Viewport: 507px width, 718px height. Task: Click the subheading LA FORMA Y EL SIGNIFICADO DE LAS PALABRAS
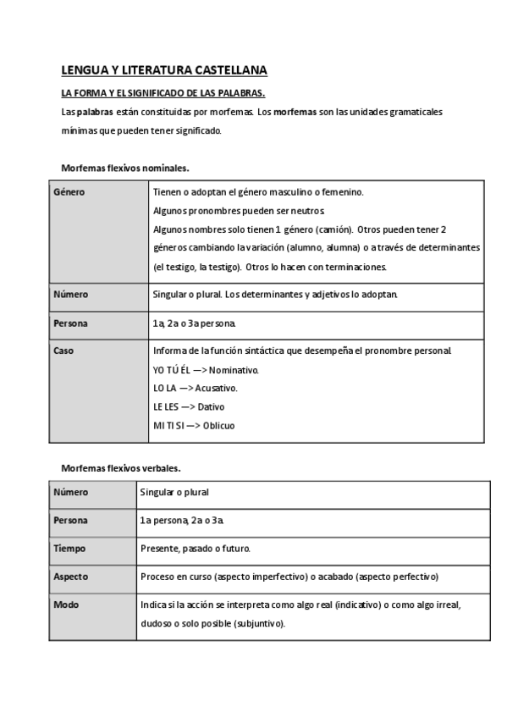click(163, 93)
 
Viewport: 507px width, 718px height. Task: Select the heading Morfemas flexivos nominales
click(124, 168)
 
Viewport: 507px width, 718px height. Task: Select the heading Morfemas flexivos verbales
click(121, 467)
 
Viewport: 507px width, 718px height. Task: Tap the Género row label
click(69, 192)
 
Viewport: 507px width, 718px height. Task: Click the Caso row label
click(63, 350)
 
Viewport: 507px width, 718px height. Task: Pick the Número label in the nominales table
click(71, 295)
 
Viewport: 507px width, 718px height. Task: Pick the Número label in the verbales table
click(71, 492)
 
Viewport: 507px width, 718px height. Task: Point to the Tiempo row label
click(69, 548)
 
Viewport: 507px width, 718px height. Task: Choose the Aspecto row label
click(72, 577)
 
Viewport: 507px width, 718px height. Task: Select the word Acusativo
click(216, 388)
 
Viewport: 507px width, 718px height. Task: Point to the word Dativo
click(208, 406)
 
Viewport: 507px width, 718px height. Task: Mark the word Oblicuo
click(218, 425)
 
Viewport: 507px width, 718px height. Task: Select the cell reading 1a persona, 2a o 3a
click(182, 520)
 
